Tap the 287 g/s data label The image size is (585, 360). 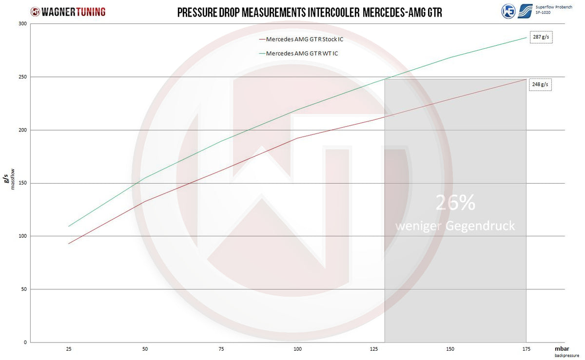click(x=540, y=37)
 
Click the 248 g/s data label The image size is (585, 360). click(x=540, y=84)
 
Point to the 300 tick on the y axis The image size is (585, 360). click(x=23, y=24)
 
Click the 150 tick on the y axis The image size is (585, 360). click(x=23, y=183)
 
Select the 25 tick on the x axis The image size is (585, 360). click(x=69, y=349)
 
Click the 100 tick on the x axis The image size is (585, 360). click(x=298, y=349)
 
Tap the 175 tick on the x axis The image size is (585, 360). click(x=526, y=349)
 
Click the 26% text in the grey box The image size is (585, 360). click(x=455, y=204)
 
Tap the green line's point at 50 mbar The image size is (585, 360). click(x=145, y=178)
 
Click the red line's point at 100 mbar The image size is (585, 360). click(x=298, y=138)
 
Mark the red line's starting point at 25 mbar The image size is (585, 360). click(x=69, y=244)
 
